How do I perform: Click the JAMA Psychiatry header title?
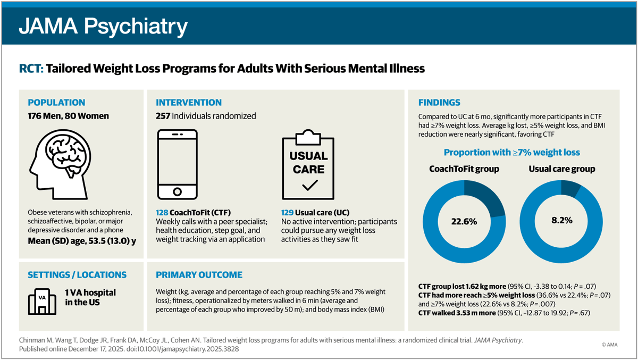coord(104,26)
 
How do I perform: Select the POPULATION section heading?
coord(56,103)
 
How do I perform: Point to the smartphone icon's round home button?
coord(178,191)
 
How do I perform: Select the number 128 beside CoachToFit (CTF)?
coord(162,212)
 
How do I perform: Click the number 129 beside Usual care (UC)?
coord(288,212)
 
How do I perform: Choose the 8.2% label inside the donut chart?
coord(562,220)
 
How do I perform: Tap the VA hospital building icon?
coord(42,300)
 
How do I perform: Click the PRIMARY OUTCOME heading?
coord(199,275)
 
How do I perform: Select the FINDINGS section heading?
coord(439,103)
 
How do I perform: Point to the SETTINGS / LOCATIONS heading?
coord(77,275)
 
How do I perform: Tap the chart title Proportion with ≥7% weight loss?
coord(512,153)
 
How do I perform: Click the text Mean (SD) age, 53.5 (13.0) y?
coord(82,241)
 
